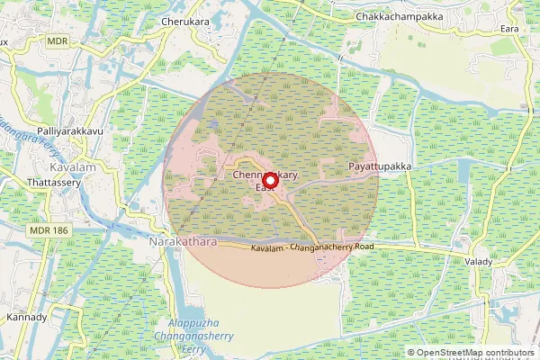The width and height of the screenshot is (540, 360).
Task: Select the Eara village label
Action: (511, 28)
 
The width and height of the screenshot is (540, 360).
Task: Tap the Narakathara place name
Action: (183, 243)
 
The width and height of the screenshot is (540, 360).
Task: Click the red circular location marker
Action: (269, 178)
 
